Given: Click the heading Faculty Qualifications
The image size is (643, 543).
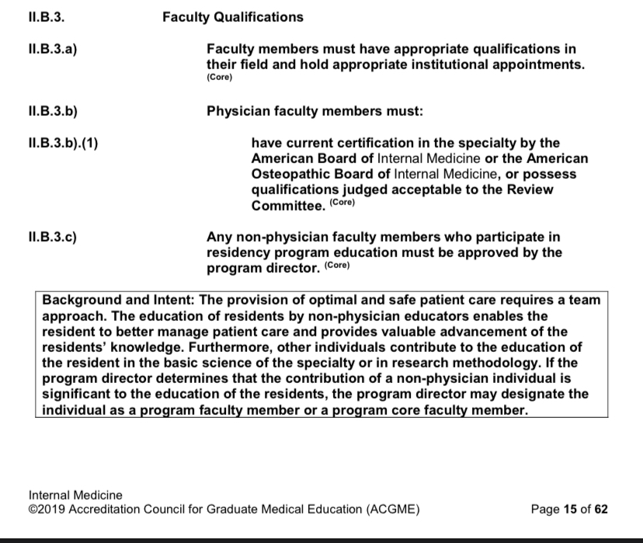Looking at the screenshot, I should [x=232, y=17].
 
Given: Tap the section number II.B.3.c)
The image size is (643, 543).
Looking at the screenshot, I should [x=53, y=236].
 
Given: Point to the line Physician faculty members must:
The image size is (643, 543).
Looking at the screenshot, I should [x=315, y=112].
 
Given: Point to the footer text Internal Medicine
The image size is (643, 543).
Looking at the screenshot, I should [x=75, y=495].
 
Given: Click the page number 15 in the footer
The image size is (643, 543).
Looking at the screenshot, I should [x=571, y=510].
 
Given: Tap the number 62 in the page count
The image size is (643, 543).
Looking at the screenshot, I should [x=600, y=510].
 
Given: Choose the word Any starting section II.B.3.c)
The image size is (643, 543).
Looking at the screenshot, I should [x=219, y=236].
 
